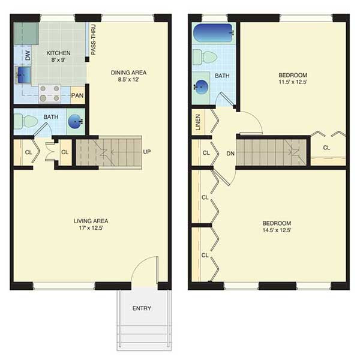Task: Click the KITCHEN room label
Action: pos(58,53)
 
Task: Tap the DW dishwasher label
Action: pos(28,56)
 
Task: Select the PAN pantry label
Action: pos(77,95)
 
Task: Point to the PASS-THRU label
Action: pos(93,40)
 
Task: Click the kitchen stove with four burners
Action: pos(50,94)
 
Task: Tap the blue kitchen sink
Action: pos(23,75)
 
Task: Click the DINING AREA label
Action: pos(128,73)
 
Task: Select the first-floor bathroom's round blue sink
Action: pos(75,121)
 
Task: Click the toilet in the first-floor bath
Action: pos(26,121)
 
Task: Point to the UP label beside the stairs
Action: pos(147,152)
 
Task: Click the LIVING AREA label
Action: pos(91,221)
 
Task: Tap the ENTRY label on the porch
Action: pos(142,308)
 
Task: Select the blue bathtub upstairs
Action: pos(213,33)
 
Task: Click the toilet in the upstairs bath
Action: pos(205,57)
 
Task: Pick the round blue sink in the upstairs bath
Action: pos(202,87)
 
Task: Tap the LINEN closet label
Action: pos(198,122)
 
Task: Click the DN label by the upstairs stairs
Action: pos(230,154)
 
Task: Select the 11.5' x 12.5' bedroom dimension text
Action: pos(293,82)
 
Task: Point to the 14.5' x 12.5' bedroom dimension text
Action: pos(277,230)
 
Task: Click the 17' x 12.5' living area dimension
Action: pos(91,228)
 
